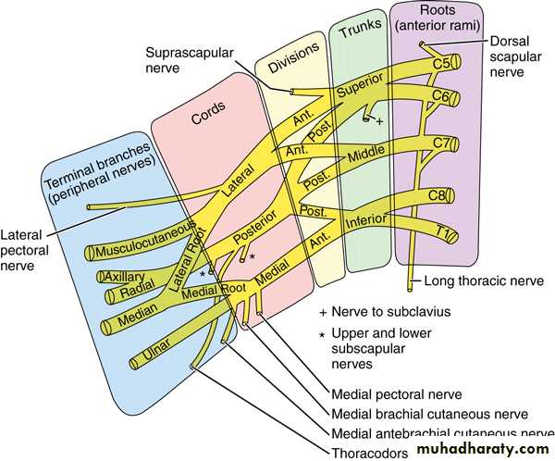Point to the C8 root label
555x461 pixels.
coord(439,195)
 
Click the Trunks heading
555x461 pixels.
coord(361,33)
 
